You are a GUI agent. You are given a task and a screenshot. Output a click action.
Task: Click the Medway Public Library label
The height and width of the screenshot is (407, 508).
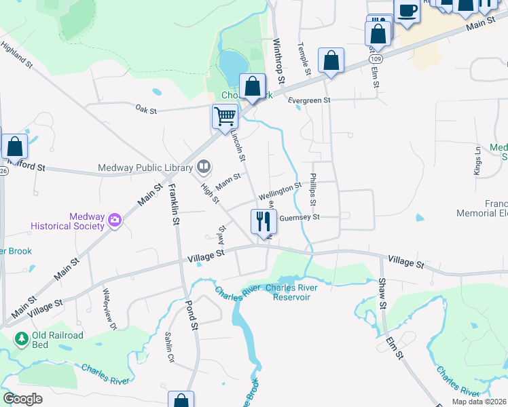(x=146, y=168)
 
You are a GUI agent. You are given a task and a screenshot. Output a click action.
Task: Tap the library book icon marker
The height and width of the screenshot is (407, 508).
(x=204, y=166)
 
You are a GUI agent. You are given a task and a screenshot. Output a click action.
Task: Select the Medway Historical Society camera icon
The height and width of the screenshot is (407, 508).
(x=114, y=219)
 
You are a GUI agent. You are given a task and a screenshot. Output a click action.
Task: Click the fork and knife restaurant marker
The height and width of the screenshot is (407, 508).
(x=263, y=221)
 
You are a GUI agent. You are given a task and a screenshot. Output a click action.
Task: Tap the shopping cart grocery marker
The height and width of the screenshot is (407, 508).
(x=225, y=117)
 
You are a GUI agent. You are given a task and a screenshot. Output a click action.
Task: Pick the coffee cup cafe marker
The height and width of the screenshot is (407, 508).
(x=407, y=12)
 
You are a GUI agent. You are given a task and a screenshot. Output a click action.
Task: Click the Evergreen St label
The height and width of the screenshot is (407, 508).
(x=308, y=100)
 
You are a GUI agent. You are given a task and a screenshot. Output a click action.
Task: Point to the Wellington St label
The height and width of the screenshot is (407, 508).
(x=280, y=190)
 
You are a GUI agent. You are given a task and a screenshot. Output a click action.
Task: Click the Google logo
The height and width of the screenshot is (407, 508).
(x=22, y=399)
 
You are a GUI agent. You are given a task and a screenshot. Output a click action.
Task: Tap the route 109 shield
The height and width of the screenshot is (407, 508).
(x=374, y=60)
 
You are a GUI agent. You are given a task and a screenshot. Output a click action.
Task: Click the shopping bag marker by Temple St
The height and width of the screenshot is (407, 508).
(x=331, y=61)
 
